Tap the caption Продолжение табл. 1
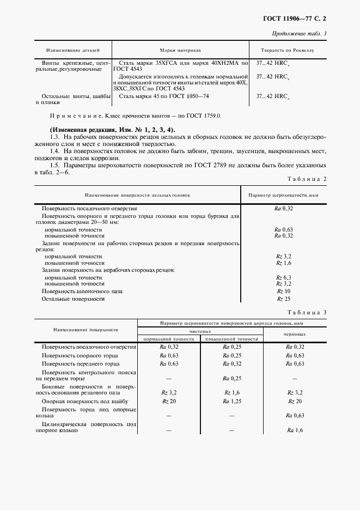point(301,34)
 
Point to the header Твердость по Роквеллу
point(288,50)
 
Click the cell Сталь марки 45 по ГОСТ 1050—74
point(162,96)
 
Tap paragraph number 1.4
point(55,150)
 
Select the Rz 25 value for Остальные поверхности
point(284,299)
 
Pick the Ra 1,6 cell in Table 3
point(295,430)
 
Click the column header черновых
point(295,334)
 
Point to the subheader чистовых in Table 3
point(200,331)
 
